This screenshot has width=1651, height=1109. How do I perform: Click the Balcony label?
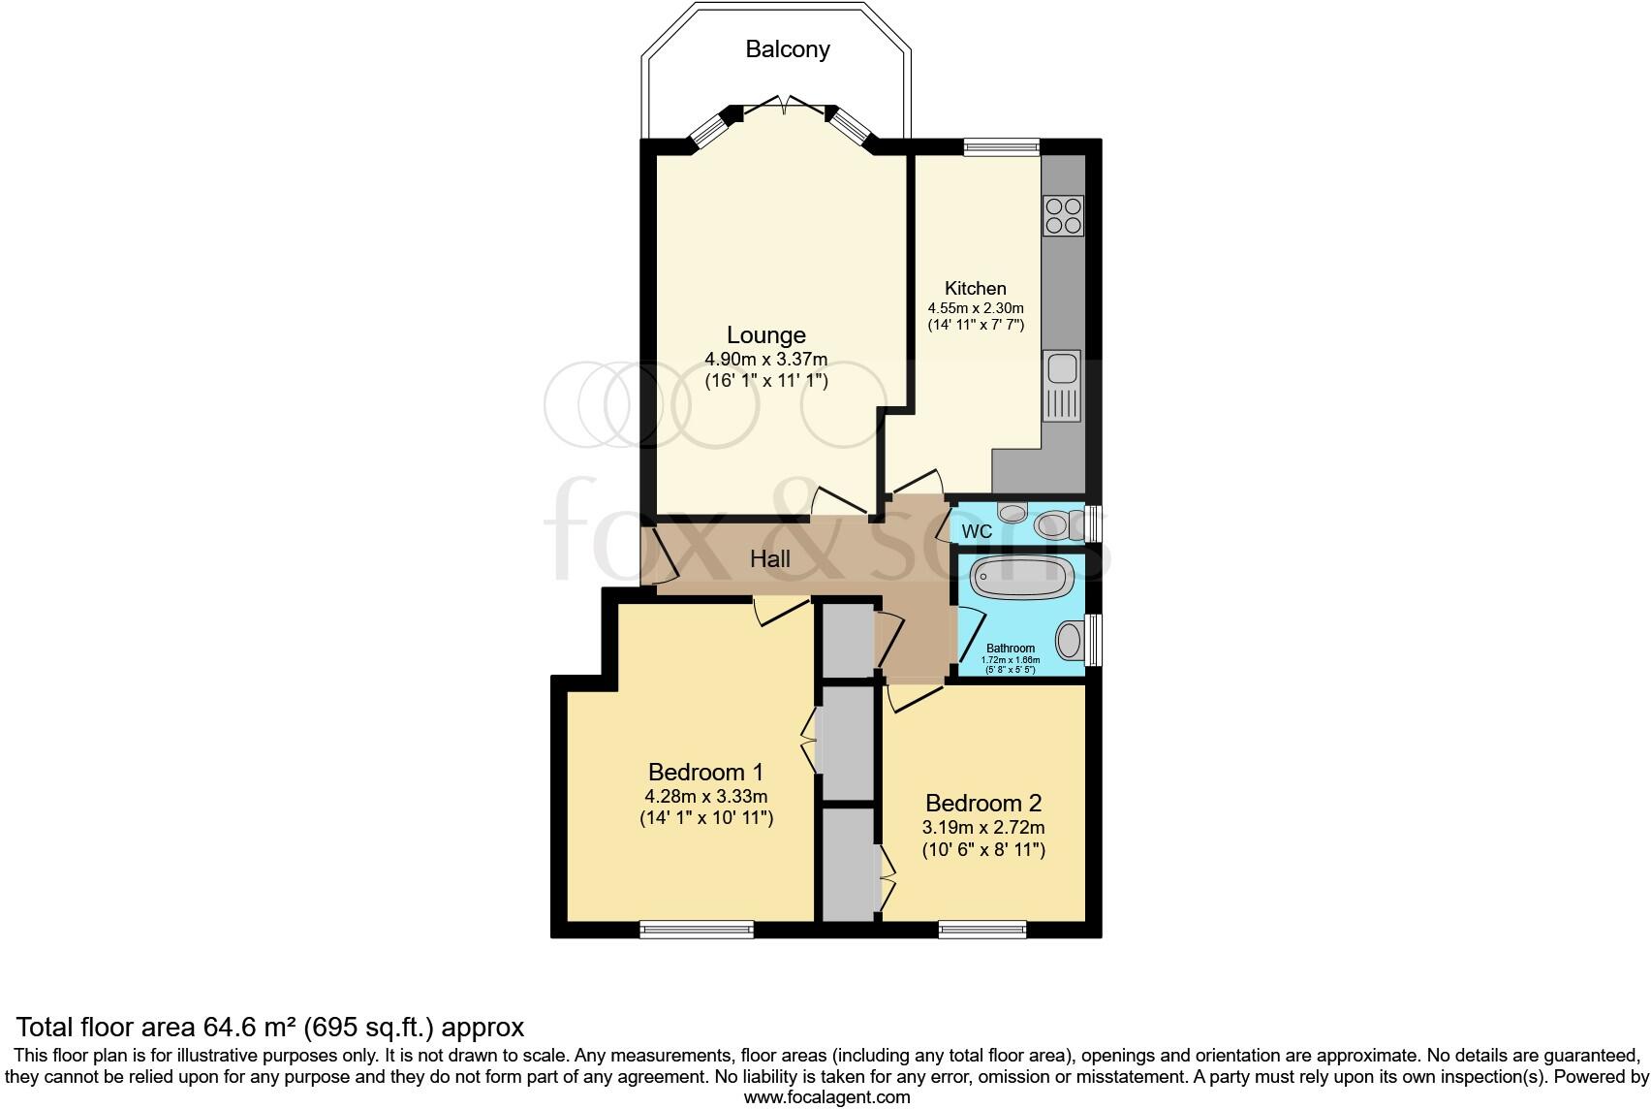pos(787,49)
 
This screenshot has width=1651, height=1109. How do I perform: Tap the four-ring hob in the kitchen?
pos(1062,215)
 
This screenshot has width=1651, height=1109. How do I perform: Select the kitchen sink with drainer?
pos(1062,386)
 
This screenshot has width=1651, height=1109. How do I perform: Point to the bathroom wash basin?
pos(1069,641)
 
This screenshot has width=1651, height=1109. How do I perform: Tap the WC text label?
pos(977,532)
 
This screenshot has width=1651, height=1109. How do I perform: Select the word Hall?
pos(770,559)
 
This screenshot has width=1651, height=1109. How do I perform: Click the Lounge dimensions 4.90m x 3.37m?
pos(765,360)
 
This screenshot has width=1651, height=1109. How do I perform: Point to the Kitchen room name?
pos(975,288)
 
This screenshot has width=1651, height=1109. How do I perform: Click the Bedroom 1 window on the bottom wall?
pos(696,930)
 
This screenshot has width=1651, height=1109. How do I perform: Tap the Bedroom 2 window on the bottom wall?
pos(981,930)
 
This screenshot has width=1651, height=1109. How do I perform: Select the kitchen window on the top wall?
pos(1001,146)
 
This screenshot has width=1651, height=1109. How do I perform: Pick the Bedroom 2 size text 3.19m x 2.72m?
pos(982,828)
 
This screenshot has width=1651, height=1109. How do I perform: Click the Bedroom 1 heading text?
pos(705,773)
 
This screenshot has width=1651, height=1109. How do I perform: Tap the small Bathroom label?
pos(1010,649)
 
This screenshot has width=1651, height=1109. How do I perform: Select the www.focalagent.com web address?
pos(825,1097)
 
